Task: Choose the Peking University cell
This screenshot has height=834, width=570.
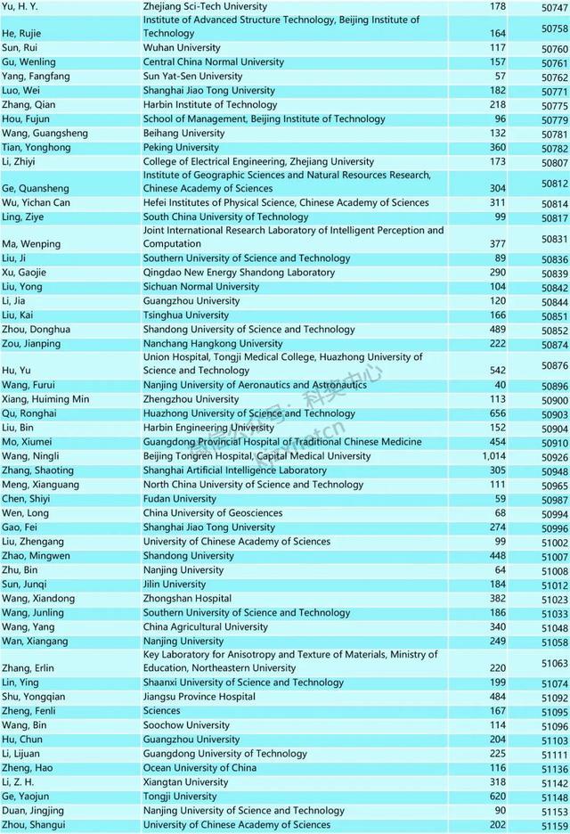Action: click(x=181, y=148)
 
